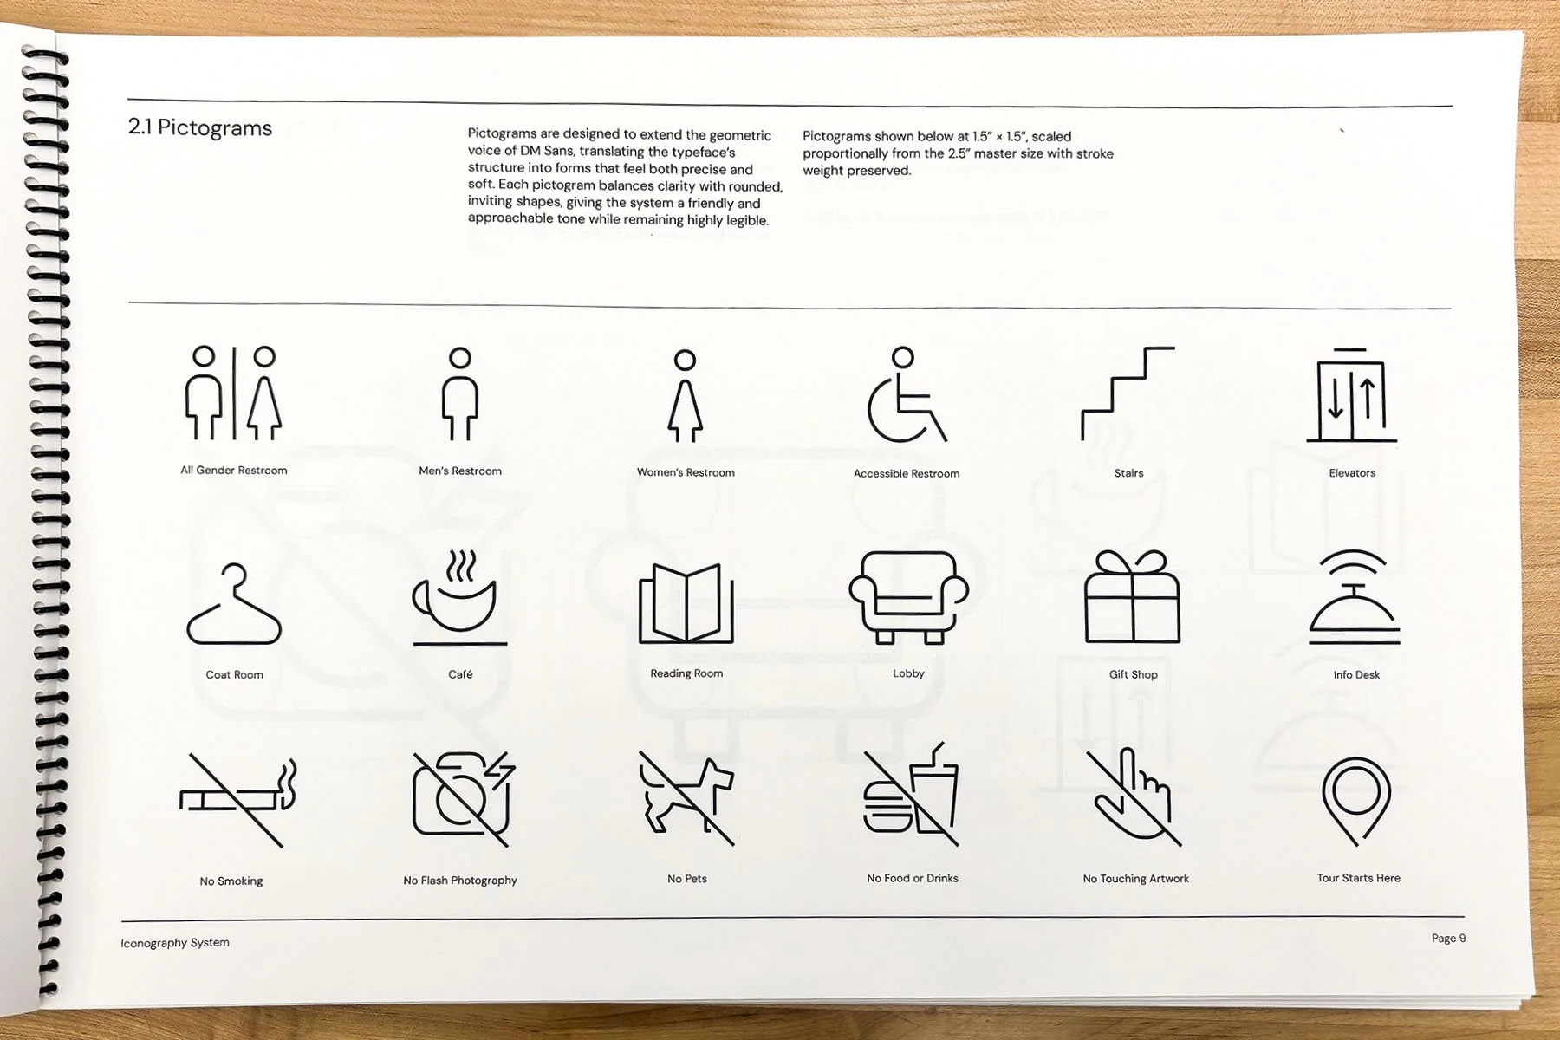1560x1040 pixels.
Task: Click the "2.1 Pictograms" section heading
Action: pos(200,128)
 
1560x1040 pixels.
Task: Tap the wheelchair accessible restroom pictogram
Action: pos(906,396)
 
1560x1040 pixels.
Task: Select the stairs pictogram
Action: pos(1128,393)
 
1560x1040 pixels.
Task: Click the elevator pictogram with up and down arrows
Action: pos(1351,396)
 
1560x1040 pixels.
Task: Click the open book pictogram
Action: pos(686,603)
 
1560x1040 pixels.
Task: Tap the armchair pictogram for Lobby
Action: pos(908,598)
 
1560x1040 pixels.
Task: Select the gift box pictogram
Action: pos(1132,598)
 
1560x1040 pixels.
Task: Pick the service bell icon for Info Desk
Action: pos(1355,598)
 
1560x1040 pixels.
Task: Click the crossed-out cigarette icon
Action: pos(236,799)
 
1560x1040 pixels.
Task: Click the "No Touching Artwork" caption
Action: pos(1135,879)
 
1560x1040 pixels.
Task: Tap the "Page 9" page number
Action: pos(1448,938)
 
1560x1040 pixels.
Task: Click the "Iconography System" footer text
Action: pos(175,943)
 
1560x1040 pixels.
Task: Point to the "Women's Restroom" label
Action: pos(686,472)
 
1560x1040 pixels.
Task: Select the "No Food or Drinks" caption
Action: pos(912,878)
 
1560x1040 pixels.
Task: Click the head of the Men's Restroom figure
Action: pos(460,358)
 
